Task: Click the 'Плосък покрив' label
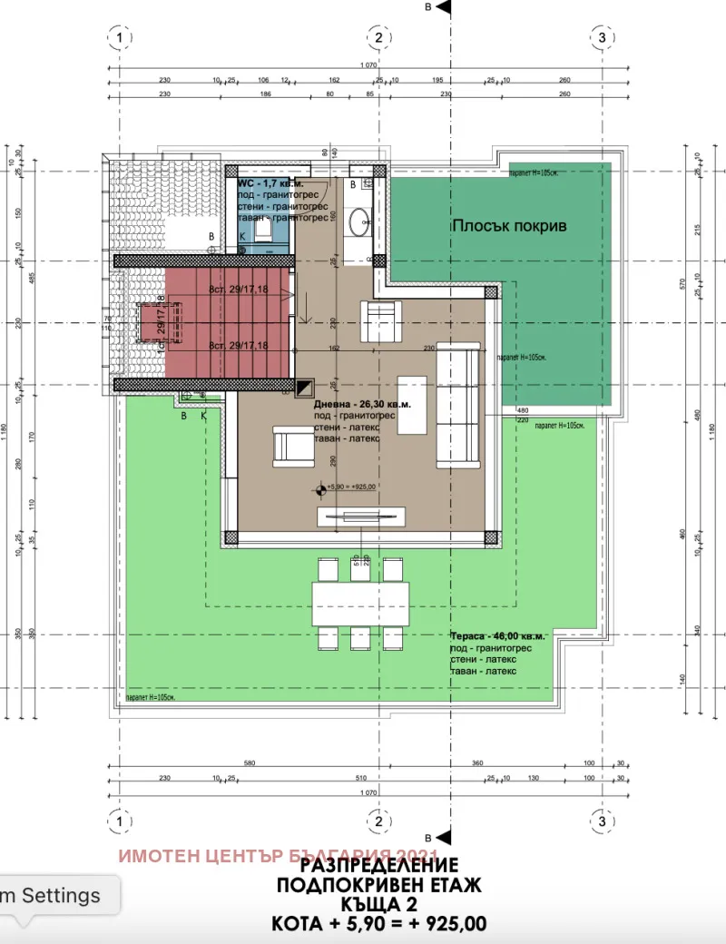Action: [509, 225]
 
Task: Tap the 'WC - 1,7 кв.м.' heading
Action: [270, 183]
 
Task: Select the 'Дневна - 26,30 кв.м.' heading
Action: [362, 405]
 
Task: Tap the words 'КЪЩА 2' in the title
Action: [379, 904]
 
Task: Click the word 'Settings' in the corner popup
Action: [61, 895]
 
